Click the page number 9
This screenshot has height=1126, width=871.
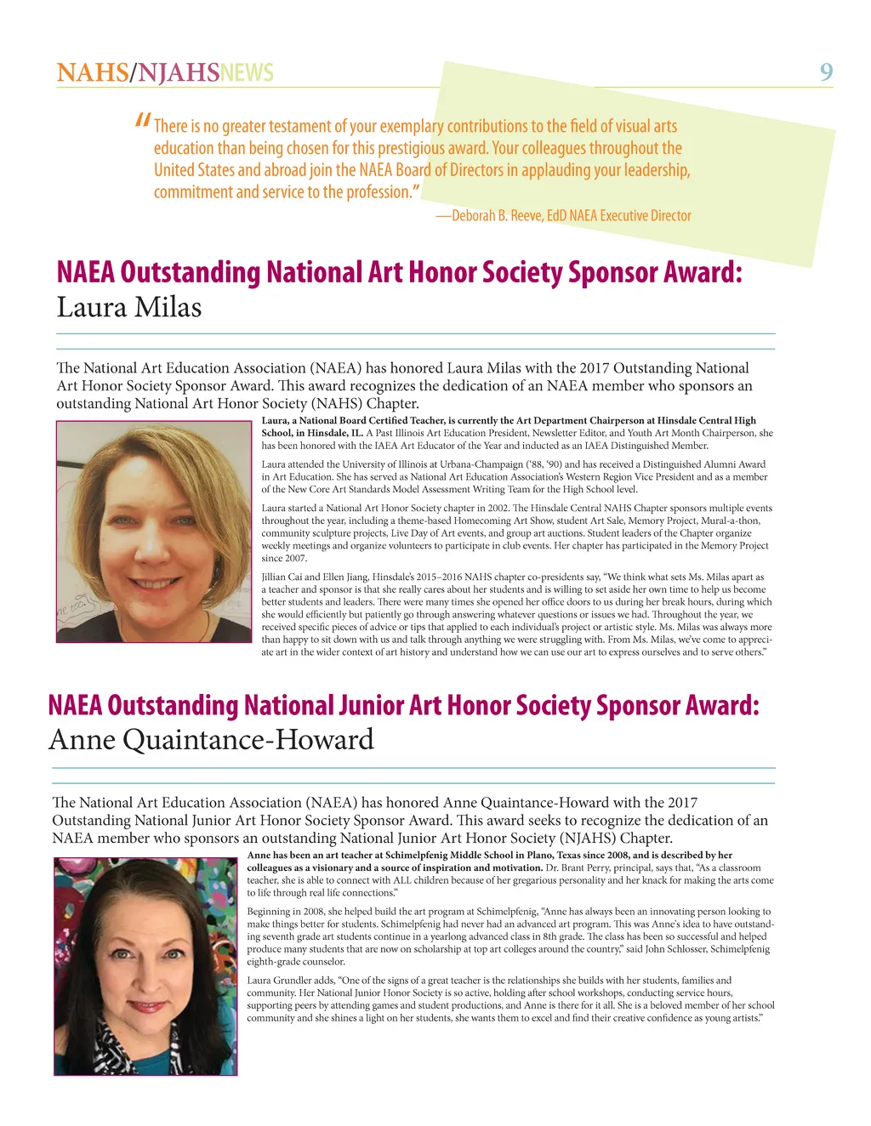pos(826,72)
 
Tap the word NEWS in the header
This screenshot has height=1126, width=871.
pos(247,73)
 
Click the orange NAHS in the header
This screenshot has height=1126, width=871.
pos(92,73)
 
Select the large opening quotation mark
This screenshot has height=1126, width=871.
pos(143,122)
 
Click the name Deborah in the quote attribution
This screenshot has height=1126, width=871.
pos(473,216)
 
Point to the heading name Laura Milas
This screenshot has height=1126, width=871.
pos(129,307)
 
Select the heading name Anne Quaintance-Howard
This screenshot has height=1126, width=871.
pos(211,740)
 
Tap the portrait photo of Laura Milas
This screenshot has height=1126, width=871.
pos(154,532)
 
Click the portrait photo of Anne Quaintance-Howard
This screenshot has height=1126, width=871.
pos(145,966)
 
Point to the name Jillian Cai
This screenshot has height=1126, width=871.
pos(287,577)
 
